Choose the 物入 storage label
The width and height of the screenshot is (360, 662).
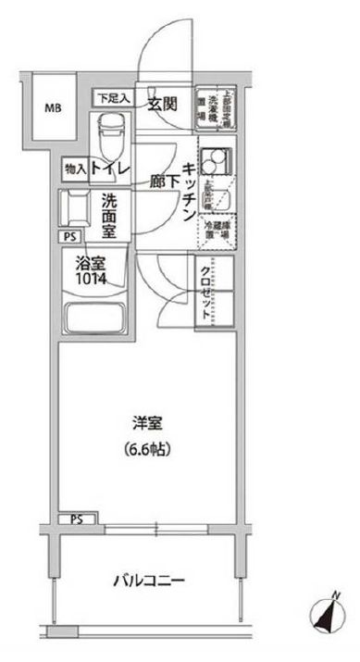coord(76,169)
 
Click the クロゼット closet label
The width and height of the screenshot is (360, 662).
coord(204,287)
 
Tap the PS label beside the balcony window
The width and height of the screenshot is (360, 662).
coord(76,518)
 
